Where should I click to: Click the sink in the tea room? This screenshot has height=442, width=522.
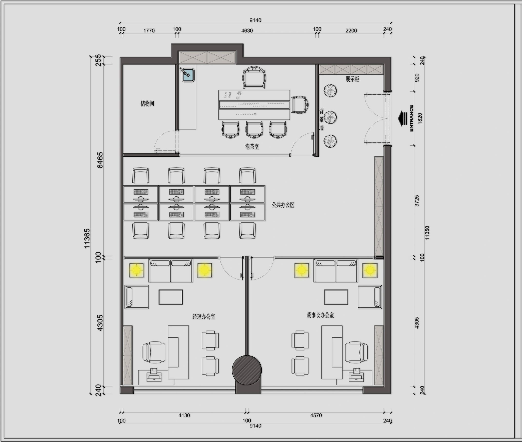click(188, 75)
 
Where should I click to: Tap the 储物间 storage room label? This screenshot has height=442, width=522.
click(147, 103)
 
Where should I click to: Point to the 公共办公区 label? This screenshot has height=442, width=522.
click(283, 205)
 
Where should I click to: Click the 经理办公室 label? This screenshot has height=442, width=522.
click(204, 317)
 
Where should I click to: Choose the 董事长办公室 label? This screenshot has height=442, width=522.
click(320, 315)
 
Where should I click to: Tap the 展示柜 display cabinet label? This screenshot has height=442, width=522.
click(352, 79)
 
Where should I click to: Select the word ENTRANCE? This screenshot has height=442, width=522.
click(411, 118)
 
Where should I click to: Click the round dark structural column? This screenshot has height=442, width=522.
click(247, 370)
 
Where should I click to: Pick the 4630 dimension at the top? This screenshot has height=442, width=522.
click(247, 30)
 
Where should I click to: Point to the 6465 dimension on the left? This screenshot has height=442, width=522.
click(100, 160)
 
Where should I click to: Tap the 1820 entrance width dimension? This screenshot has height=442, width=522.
click(420, 118)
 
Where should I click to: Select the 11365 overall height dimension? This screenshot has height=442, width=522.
click(87, 238)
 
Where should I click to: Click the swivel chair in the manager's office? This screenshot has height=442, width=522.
click(154, 352)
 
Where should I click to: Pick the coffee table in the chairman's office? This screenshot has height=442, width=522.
click(336, 297)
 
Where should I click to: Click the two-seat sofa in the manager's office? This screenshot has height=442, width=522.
click(171, 271)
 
